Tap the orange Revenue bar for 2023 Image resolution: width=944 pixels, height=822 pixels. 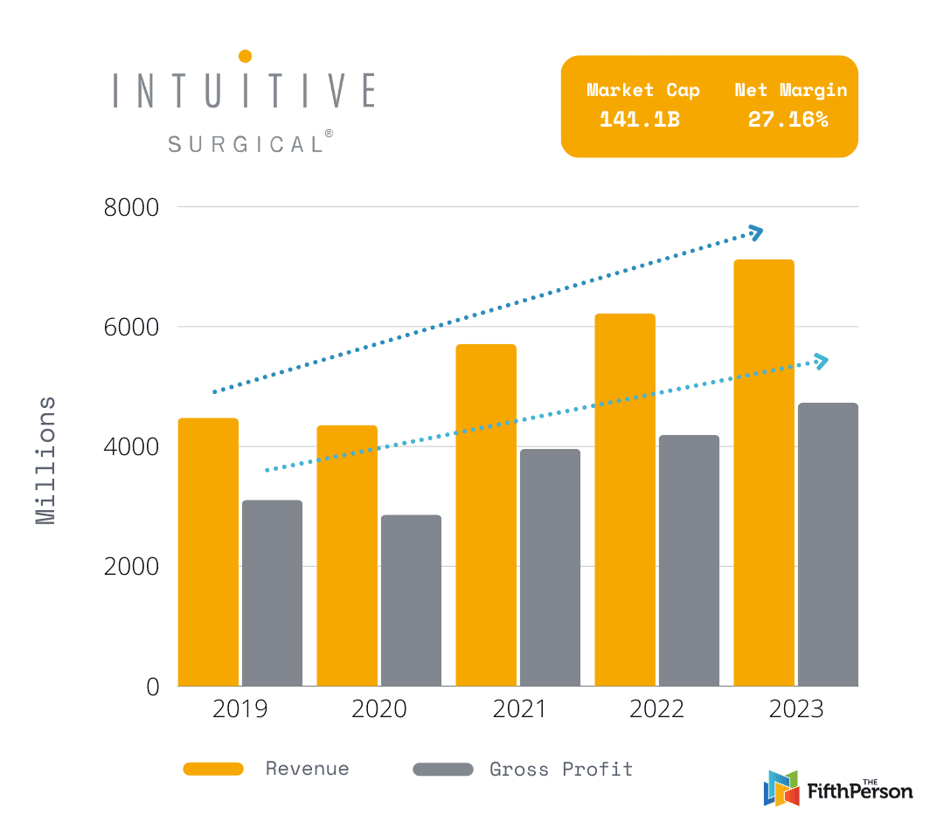click(x=764, y=473)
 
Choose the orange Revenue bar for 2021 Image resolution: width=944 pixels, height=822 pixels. click(x=486, y=515)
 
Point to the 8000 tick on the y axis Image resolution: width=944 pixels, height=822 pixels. click(x=132, y=208)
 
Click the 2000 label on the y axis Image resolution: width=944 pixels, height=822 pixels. click(x=132, y=567)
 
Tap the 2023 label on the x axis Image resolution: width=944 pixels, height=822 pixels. click(x=795, y=709)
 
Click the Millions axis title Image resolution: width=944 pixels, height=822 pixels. click(x=46, y=460)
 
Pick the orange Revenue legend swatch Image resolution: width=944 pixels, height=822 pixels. click(x=213, y=769)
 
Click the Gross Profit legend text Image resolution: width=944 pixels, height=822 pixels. click(x=560, y=770)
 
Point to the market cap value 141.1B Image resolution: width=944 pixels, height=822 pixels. click(x=639, y=120)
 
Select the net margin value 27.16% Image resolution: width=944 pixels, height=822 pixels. click(x=788, y=120)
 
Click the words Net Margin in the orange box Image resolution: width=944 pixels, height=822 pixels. click(x=790, y=90)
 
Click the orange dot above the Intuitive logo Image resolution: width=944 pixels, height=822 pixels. click(x=246, y=56)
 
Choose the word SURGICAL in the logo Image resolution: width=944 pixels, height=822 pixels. click(x=245, y=144)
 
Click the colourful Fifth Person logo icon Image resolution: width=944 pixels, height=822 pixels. click(x=781, y=788)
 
